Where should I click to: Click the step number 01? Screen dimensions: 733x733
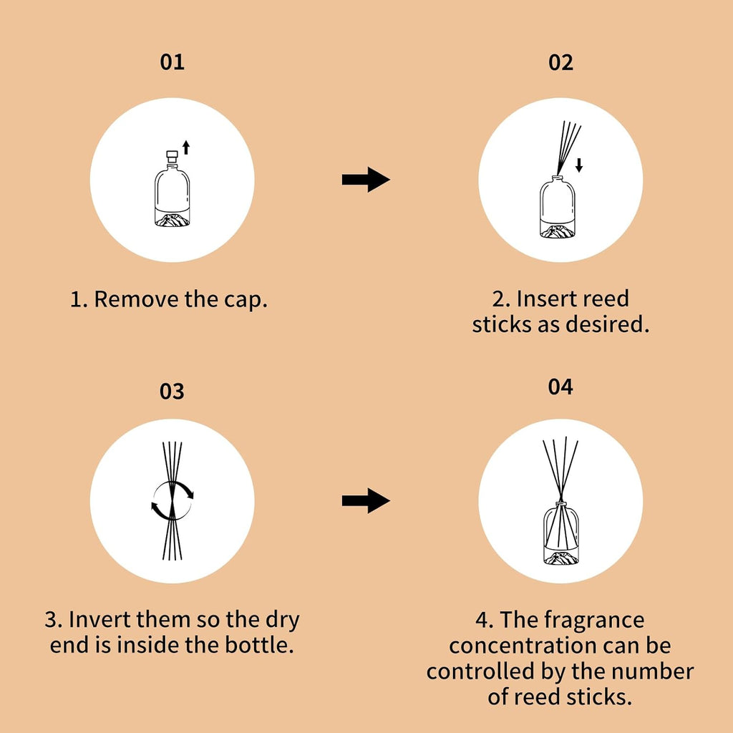[x=172, y=62]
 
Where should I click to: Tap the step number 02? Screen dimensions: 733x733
[x=560, y=62]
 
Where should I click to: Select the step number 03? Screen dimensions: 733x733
[x=172, y=392]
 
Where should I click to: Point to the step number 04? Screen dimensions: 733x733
[x=560, y=387]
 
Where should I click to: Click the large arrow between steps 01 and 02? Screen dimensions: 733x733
[x=366, y=180]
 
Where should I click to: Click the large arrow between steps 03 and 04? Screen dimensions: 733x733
[x=366, y=500]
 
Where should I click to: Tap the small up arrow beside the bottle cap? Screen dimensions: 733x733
[x=186, y=147]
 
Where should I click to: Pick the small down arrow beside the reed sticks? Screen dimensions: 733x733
[x=579, y=165]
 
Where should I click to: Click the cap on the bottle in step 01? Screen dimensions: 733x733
[x=173, y=156]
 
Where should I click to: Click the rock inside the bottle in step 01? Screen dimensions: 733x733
[x=173, y=220]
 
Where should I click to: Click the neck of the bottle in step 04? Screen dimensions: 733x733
[x=560, y=506]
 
